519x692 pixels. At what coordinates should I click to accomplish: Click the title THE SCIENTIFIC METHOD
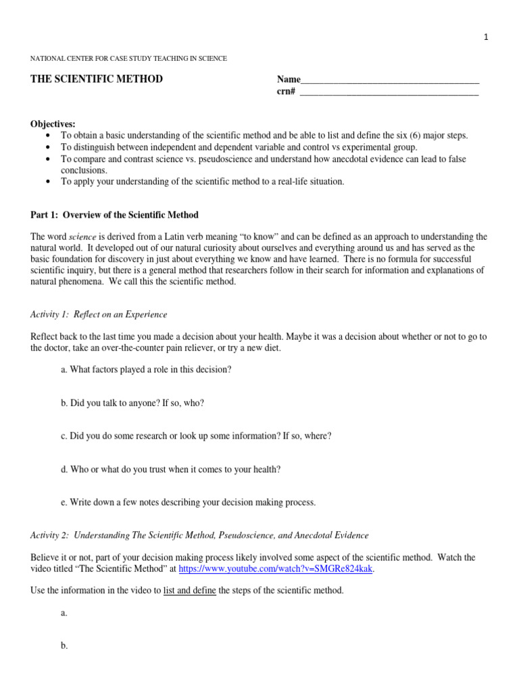tap(97, 79)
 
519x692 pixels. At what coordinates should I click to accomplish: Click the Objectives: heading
tap(53, 124)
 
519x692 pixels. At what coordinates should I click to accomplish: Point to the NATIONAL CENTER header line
tap(129, 59)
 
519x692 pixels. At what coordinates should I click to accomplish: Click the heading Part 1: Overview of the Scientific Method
tap(115, 215)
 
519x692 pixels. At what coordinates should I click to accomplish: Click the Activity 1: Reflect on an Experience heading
tap(99, 314)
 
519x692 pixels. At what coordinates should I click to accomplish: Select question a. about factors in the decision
tap(146, 370)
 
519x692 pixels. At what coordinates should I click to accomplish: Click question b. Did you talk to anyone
tap(132, 403)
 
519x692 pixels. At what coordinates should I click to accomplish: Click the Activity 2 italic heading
tap(200, 535)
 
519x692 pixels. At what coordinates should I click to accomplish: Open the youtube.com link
tap(276, 568)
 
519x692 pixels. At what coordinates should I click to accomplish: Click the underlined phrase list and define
tap(190, 591)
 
